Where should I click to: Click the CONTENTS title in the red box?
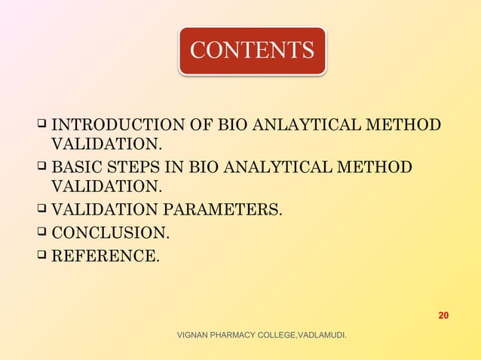click(252, 50)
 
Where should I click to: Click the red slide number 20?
click(443, 315)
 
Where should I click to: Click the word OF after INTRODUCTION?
click(201, 124)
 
